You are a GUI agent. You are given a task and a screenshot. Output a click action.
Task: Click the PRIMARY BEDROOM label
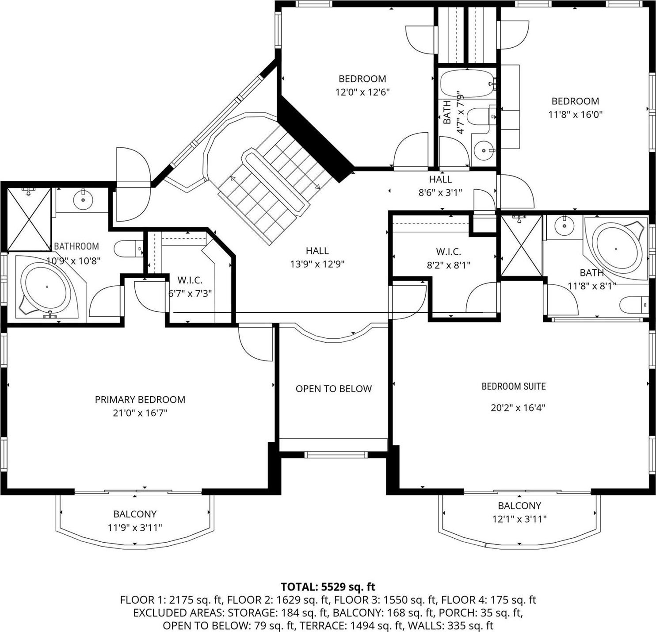[x=140, y=400]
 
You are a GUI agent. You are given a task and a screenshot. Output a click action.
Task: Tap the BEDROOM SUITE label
[x=514, y=387]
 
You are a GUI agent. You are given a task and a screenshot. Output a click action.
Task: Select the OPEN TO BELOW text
[x=334, y=389]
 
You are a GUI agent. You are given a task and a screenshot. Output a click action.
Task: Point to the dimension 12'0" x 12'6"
[x=362, y=92]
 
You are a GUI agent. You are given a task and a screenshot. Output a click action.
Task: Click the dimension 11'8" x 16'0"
[x=575, y=115]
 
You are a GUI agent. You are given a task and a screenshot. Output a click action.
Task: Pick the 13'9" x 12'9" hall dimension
[x=317, y=264]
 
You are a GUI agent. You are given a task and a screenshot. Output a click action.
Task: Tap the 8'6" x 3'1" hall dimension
[x=440, y=192]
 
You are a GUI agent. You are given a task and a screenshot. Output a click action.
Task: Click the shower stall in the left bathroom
[x=29, y=218]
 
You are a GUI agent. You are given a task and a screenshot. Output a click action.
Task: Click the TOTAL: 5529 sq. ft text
[x=328, y=587]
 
